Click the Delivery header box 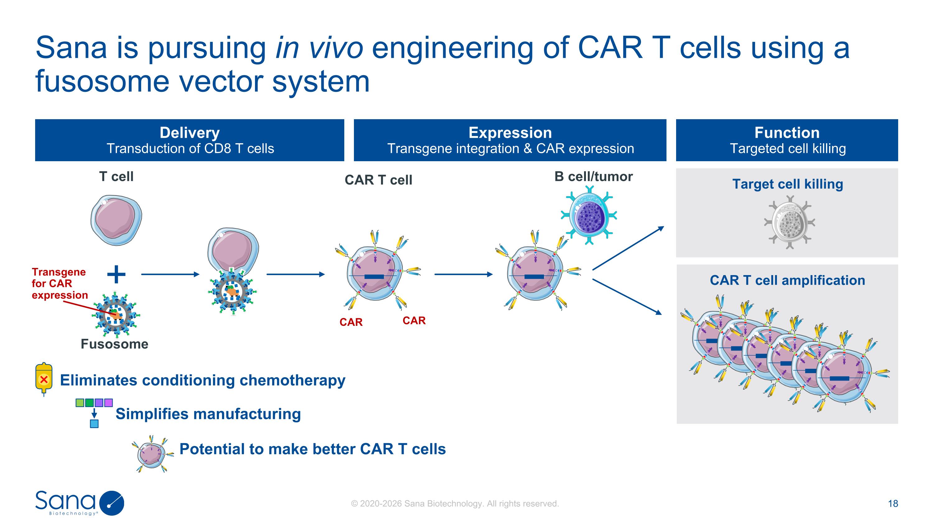[x=189, y=140]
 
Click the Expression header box [x=510, y=140]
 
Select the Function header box [x=787, y=140]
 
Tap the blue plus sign [x=117, y=274]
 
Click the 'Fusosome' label [x=114, y=344]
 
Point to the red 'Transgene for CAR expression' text [x=60, y=283]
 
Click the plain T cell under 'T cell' [x=116, y=220]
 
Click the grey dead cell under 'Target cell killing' [x=790, y=222]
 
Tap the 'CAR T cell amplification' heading [x=787, y=280]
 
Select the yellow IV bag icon [x=44, y=379]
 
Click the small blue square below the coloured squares [x=94, y=424]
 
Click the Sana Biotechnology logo [x=80, y=503]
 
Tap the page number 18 [x=893, y=503]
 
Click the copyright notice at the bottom [x=455, y=504]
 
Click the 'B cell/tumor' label [x=594, y=176]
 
